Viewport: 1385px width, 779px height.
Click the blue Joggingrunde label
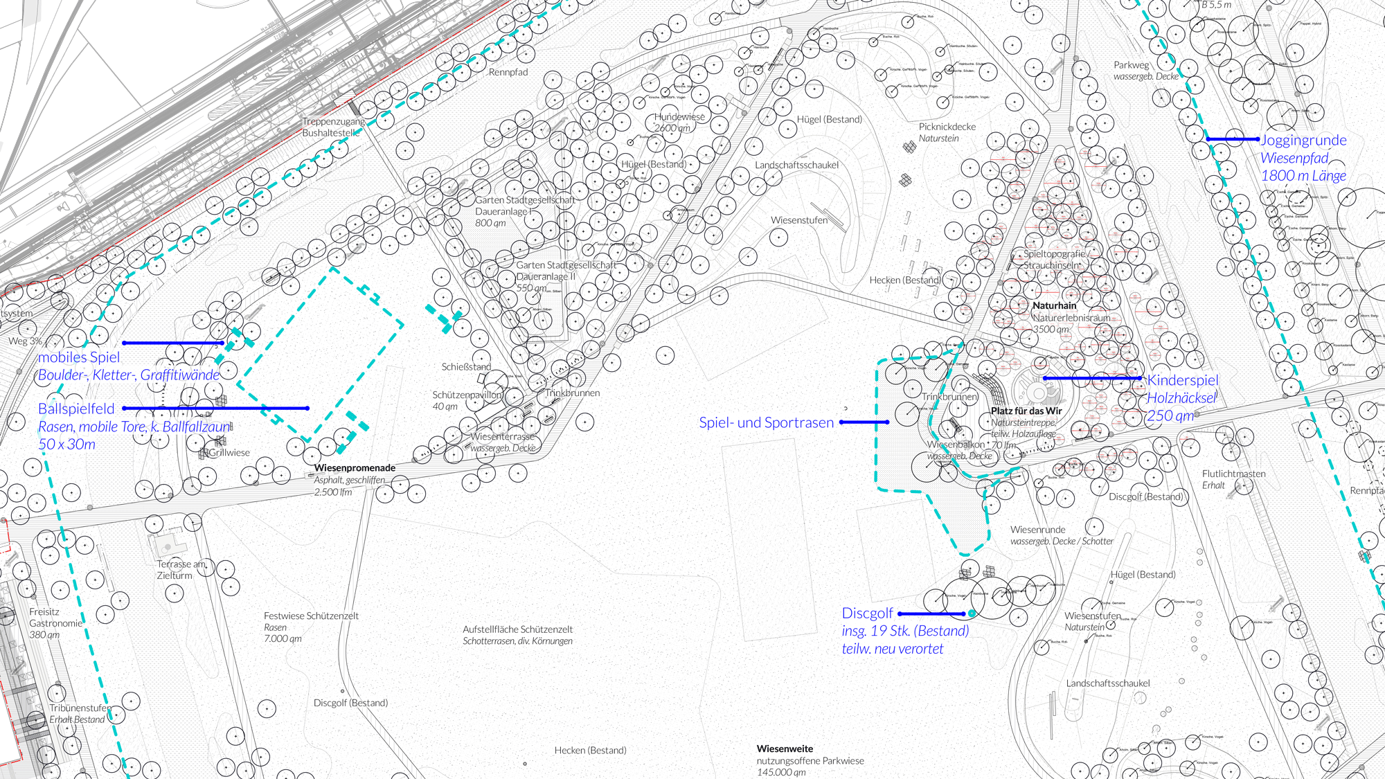click(1303, 141)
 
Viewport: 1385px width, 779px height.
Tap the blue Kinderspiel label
click(1182, 380)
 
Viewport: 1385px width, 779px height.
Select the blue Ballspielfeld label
click(76, 409)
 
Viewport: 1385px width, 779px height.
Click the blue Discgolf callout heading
click(867, 614)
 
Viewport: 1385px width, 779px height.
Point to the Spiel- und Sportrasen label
click(766, 423)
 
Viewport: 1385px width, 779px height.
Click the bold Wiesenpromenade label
click(355, 468)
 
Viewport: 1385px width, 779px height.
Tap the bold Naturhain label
click(1054, 305)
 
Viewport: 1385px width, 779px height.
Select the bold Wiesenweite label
click(785, 749)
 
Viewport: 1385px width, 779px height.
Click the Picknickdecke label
click(947, 127)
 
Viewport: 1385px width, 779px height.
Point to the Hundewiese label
click(679, 116)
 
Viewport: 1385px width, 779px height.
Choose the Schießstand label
click(466, 367)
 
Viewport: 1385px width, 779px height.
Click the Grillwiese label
click(229, 453)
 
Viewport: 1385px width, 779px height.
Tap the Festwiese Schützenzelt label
click(311, 616)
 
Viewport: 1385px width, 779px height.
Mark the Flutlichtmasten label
click(1233, 474)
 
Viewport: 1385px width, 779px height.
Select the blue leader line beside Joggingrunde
click(1232, 139)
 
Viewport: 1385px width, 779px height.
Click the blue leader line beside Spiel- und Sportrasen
click(864, 422)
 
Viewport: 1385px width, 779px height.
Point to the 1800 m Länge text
click(1303, 176)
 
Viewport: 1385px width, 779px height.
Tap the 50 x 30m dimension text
click(66, 445)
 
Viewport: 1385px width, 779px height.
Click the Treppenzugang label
click(333, 121)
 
